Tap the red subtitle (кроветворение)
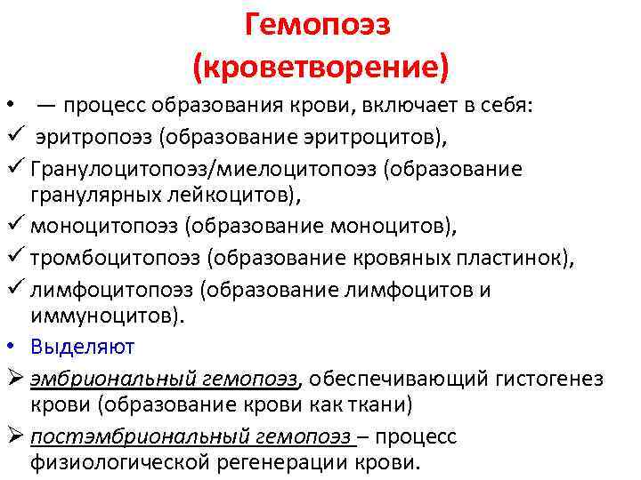tap(319, 66)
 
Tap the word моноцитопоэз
tap(104, 226)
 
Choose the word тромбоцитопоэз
tap(116, 258)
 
